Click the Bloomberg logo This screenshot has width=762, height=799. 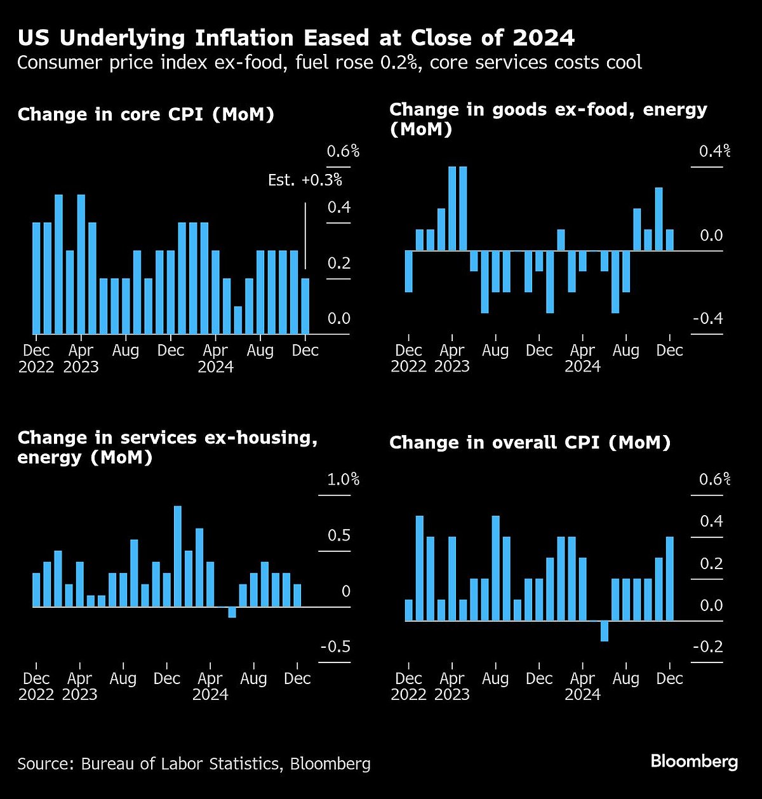[x=694, y=762]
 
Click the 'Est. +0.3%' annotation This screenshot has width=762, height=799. [x=305, y=180]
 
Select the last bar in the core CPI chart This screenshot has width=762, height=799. [x=305, y=306]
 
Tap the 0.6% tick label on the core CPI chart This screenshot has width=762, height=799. [x=343, y=152]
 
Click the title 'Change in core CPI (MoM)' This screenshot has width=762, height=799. [x=146, y=115]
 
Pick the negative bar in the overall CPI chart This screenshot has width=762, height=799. [x=604, y=631]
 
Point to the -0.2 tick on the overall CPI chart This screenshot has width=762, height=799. [x=707, y=647]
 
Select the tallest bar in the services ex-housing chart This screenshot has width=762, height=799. [x=178, y=556]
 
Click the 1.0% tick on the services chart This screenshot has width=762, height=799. [x=343, y=480]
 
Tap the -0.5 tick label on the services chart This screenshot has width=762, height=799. [x=335, y=647]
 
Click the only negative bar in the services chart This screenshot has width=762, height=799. [x=232, y=612]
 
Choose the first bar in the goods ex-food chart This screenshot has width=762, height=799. [x=408, y=271]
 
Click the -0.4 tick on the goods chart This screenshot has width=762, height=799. [x=707, y=319]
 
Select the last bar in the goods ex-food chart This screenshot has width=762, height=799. [x=669, y=240]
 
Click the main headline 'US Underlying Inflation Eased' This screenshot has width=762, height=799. [x=296, y=38]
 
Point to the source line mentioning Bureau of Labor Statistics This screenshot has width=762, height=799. [x=194, y=763]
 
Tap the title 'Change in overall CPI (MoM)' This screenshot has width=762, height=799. [x=530, y=443]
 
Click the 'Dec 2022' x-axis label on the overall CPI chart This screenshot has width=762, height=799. [x=408, y=686]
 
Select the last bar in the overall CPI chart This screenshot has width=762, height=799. [x=669, y=579]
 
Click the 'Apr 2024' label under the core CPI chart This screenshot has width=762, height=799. [x=215, y=358]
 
